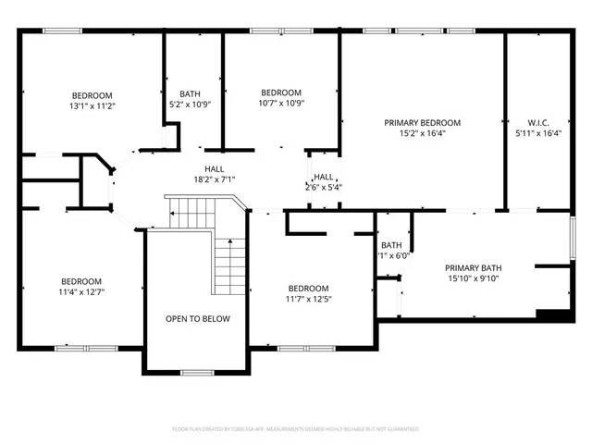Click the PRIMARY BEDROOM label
tap(422, 122)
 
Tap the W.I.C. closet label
tap(537, 122)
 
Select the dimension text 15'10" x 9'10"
tap(472, 278)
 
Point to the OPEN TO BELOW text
tap(198, 319)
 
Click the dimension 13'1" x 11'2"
tap(92, 106)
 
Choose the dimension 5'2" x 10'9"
tap(190, 104)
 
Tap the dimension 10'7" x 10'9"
tap(280, 103)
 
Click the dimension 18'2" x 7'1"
tap(215, 179)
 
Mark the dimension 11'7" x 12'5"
tap(307, 299)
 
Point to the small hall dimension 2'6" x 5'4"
tap(324, 187)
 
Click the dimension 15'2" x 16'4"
tap(422, 133)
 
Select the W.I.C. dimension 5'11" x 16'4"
tap(537, 133)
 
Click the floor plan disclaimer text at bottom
tap(296, 429)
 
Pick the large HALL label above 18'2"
tap(215, 168)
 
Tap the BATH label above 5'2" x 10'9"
tap(190, 93)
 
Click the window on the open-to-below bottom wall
tap(197, 372)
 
